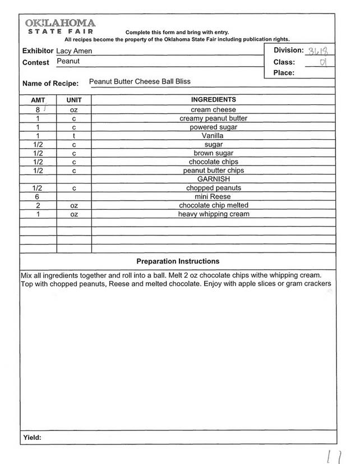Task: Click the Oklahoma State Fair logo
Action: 60,26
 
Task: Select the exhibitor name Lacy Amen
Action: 74,51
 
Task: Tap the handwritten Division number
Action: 318,51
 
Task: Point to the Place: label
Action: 284,73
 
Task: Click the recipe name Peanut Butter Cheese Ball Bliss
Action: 140,81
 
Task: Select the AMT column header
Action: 38,100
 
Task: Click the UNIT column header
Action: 74,100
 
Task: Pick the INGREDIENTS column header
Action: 213,100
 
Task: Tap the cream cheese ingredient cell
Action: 213,110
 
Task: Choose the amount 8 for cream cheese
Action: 37,110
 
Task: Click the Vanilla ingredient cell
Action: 213,136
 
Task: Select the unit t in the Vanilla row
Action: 74,136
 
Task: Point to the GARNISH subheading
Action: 213,179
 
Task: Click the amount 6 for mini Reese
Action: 37,197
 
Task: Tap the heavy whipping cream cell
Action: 213,214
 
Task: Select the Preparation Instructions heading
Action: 178,261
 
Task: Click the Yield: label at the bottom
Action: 32,438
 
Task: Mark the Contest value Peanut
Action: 68,61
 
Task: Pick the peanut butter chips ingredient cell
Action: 213,171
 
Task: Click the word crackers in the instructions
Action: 316,283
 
